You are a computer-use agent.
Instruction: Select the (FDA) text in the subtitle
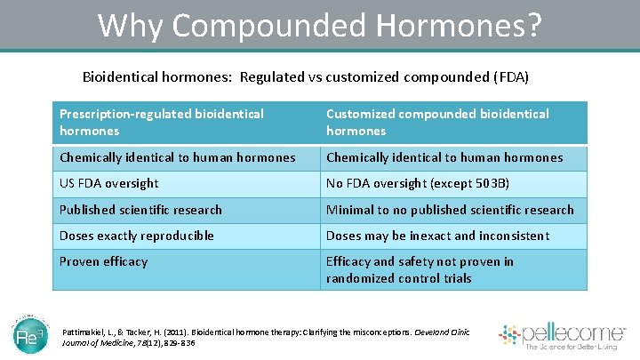click(510, 77)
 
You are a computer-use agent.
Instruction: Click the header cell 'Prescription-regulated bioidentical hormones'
click(186, 123)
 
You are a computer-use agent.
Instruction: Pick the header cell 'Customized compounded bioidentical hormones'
click(453, 123)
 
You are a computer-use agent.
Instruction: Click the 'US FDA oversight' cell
click(186, 184)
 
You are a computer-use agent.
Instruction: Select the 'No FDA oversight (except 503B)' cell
click(453, 184)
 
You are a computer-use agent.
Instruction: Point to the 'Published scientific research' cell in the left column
click(186, 210)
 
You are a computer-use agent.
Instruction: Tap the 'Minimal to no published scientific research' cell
click(453, 210)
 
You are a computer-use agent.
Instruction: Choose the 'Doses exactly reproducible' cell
click(186, 236)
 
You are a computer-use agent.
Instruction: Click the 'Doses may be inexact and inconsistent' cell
click(453, 236)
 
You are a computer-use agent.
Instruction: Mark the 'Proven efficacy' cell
click(186, 269)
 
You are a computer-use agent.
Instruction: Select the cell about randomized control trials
click(453, 269)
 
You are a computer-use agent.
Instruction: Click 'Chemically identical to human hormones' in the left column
click(186, 157)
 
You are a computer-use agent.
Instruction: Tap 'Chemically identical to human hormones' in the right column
click(453, 157)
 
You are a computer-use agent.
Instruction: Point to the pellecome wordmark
click(577, 332)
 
